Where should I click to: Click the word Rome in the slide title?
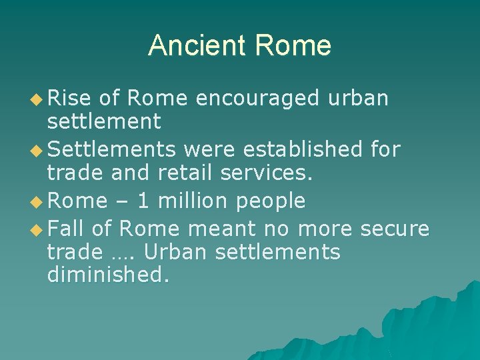pos(293,45)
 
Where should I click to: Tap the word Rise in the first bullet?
pos(69,98)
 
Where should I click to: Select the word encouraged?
pos(258,98)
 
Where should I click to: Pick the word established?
pos(306,149)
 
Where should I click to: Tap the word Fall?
pos(67,229)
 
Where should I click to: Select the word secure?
pos(395,229)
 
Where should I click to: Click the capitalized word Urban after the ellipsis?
pos(174,253)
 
